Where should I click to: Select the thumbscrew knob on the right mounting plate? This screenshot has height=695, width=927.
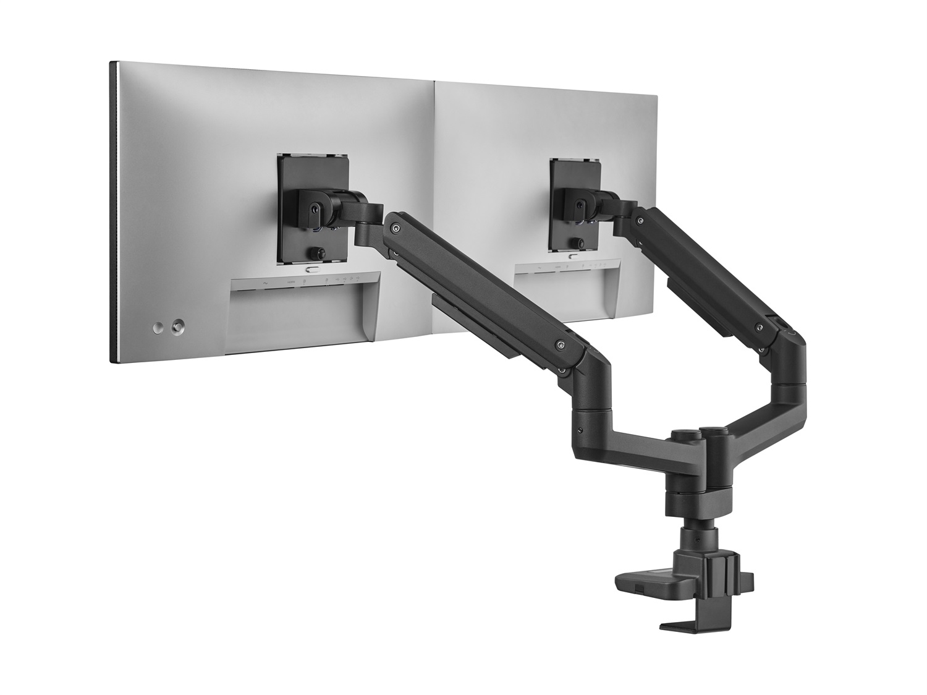[x=577, y=242]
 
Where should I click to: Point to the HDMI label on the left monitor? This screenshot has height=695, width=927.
[x=290, y=283]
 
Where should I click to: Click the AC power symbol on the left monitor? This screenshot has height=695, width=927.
[x=265, y=283]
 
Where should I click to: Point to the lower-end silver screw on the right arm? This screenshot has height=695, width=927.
[x=758, y=327]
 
